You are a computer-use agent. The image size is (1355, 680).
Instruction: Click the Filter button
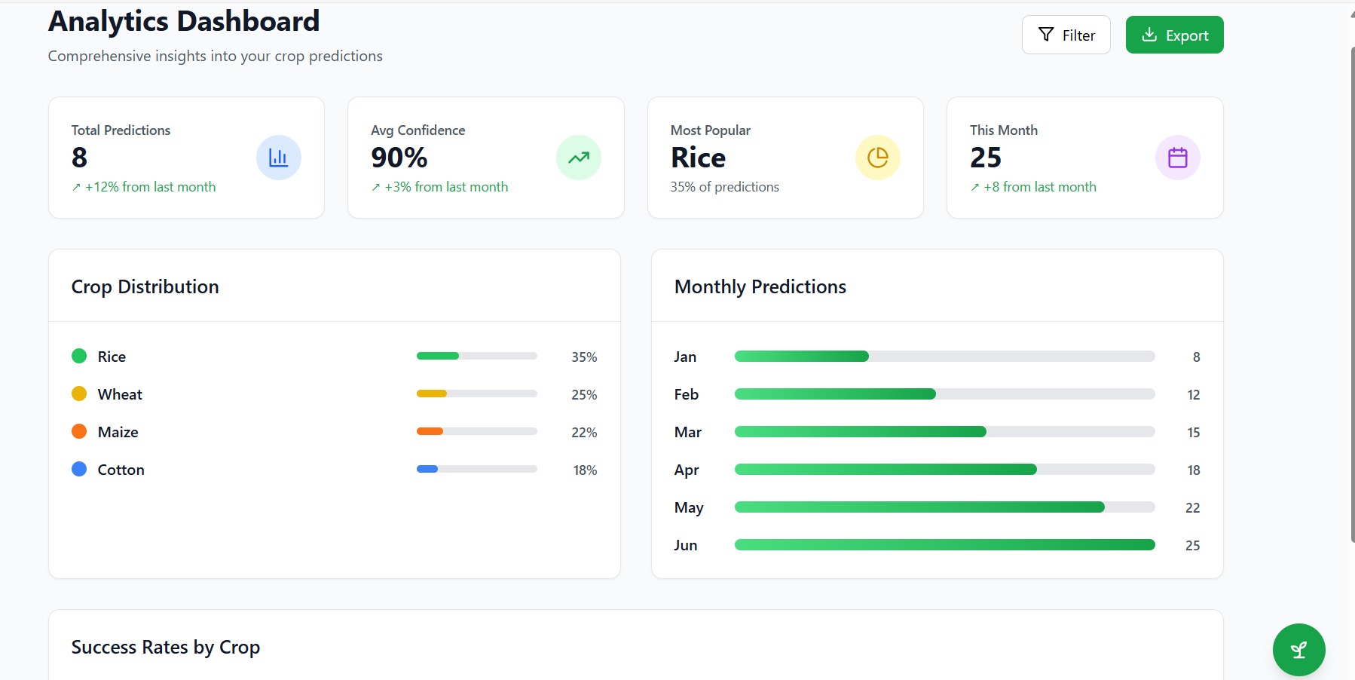coord(1066,35)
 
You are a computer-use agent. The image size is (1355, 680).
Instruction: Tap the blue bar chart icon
coord(279,158)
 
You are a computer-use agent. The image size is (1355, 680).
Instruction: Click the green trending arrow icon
coord(579,158)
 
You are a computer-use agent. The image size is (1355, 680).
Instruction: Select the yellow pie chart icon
coord(878,158)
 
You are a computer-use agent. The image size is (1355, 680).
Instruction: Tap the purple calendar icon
coord(1177,158)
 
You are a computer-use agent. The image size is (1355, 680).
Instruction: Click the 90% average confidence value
coord(399,158)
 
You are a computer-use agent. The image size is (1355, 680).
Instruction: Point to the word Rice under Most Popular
coord(698,158)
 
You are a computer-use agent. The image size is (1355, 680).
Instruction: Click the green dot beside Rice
coord(79,356)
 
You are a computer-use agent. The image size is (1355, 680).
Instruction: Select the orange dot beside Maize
coord(79,431)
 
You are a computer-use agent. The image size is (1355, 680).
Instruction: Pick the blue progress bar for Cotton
coord(427,469)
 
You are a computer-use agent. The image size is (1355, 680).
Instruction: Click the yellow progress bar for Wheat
coord(432,394)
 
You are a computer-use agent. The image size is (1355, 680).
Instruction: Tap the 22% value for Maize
coord(584,432)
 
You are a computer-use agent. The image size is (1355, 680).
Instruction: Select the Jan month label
coord(685,357)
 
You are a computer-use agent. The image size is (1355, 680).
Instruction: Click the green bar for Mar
coord(860,431)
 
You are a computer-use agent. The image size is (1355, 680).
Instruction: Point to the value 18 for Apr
coord(1193,470)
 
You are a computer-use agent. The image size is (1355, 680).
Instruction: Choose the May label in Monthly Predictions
coord(689,507)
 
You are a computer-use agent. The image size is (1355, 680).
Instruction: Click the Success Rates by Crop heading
coord(166,647)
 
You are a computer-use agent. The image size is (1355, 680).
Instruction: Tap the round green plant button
coord(1298,650)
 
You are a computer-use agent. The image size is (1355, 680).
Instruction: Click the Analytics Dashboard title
coord(184,21)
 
